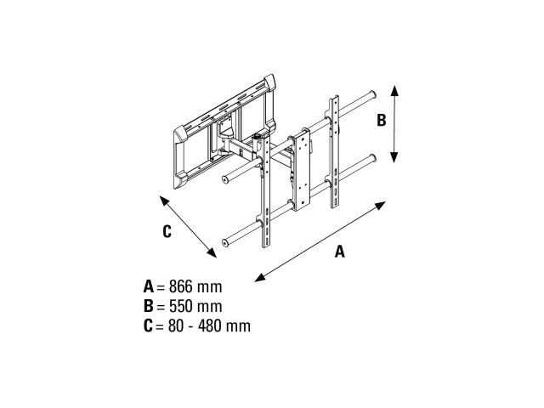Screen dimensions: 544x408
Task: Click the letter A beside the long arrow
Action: [340, 252]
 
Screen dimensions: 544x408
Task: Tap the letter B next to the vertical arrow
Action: [382, 121]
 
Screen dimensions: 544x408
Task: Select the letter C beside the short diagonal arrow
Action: [167, 231]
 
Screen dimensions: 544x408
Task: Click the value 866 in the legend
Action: [180, 287]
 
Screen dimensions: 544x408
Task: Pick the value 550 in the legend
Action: [180, 306]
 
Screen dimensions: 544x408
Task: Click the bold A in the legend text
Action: [149, 287]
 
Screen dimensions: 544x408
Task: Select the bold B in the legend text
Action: [148, 306]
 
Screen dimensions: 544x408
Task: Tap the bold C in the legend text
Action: [148, 326]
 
